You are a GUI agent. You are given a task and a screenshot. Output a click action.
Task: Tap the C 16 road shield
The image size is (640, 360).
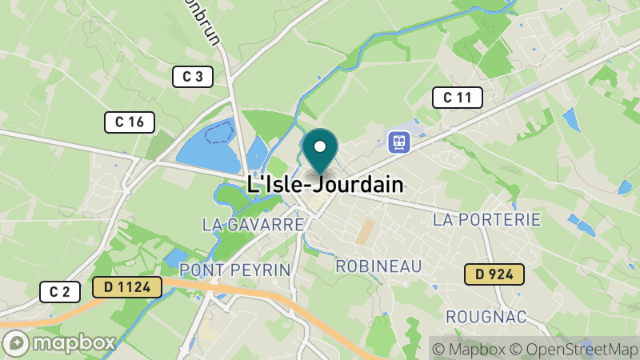pos(130,122)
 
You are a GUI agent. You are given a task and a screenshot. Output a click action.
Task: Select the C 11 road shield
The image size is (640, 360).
pos(458,98)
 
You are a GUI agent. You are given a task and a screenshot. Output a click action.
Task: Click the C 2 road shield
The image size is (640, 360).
pos(60,292)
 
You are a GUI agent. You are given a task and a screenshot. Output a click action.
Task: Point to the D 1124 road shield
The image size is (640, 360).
pos(127,286)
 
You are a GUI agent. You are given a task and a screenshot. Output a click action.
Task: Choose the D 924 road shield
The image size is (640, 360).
pos(494,275)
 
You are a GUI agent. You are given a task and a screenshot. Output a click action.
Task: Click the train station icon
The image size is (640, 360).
pos(398,142)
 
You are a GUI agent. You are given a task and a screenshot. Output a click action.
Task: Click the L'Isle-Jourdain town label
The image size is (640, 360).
pos(325,184)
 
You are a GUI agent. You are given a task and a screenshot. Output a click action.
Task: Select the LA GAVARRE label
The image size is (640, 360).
pos(253,224)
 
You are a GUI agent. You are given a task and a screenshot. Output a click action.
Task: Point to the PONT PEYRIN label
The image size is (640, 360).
pos(234,269)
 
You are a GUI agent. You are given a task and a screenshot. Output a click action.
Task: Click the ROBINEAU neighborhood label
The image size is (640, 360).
pos(378,266)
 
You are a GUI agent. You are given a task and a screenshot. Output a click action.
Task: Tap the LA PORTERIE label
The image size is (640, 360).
pos(486,219)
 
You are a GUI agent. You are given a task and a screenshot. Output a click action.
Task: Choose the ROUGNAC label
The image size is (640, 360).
pos(486,317)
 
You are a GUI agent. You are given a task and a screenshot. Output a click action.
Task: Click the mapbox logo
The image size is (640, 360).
pos(60,342)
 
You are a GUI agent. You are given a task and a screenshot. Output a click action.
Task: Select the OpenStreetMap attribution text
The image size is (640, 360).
pos(574,349)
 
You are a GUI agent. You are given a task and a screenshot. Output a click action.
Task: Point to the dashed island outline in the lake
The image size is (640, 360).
pos(218,132)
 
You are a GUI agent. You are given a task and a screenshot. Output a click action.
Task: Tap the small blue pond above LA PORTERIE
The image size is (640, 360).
pos(570,119)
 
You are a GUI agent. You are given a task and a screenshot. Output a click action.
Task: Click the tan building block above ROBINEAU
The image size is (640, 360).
pos(366,232)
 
